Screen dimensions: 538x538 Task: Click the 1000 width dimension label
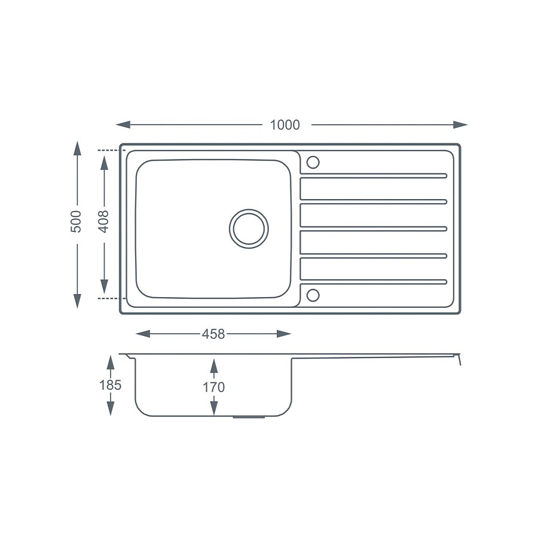coord(285,125)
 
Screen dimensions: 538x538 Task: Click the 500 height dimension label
coord(77,222)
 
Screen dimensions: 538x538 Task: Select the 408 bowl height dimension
coord(104,221)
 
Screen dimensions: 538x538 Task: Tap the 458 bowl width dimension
coord(213,334)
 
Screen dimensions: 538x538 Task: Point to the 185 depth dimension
coord(110,385)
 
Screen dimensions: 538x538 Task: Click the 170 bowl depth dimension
coord(213,387)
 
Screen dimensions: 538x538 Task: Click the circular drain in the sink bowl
coord(249,228)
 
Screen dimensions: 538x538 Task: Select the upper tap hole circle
coord(313,162)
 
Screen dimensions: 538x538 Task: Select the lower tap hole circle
coord(313,295)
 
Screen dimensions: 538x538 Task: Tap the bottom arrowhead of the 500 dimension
coord(77,301)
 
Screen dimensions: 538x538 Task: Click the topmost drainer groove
coord(373,175)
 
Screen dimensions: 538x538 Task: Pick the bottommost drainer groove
coord(373,282)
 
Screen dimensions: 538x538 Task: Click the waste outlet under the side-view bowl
coord(248,417)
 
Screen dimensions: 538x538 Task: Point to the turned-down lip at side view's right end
coord(459,360)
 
